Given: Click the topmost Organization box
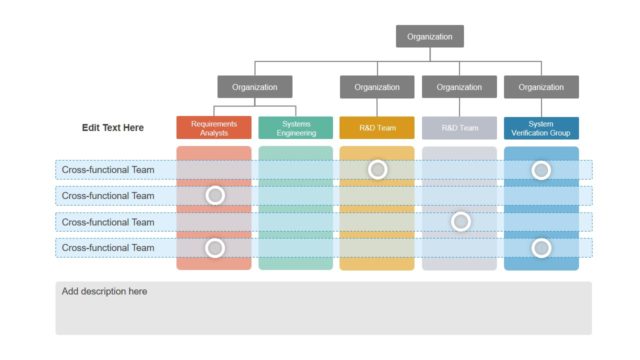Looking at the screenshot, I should (x=430, y=36).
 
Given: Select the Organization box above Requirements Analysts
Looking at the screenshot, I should (x=255, y=87).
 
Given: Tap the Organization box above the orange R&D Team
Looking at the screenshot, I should (x=377, y=87).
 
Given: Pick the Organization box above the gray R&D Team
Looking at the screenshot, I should (x=459, y=87).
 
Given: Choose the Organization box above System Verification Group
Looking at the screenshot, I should (x=541, y=87).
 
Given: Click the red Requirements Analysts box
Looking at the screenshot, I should (x=214, y=128).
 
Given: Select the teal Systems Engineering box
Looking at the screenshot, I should (x=296, y=128).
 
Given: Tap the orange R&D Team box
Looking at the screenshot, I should (x=377, y=128).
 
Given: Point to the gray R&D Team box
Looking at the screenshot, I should (x=459, y=128).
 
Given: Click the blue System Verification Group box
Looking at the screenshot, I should (x=541, y=128).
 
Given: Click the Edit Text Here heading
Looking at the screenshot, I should (x=113, y=128).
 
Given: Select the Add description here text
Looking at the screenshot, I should (x=105, y=292).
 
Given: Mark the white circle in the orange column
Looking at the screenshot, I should (x=377, y=170).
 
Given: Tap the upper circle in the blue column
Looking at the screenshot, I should (x=541, y=170).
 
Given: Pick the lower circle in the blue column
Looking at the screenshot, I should (x=541, y=247).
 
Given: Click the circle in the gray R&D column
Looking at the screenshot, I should (x=460, y=221).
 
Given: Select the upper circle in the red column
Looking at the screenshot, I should (x=214, y=195).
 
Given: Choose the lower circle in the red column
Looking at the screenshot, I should (x=214, y=247).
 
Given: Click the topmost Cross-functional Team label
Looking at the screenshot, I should (x=108, y=170).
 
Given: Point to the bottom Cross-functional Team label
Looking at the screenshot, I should (x=108, y=247).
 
